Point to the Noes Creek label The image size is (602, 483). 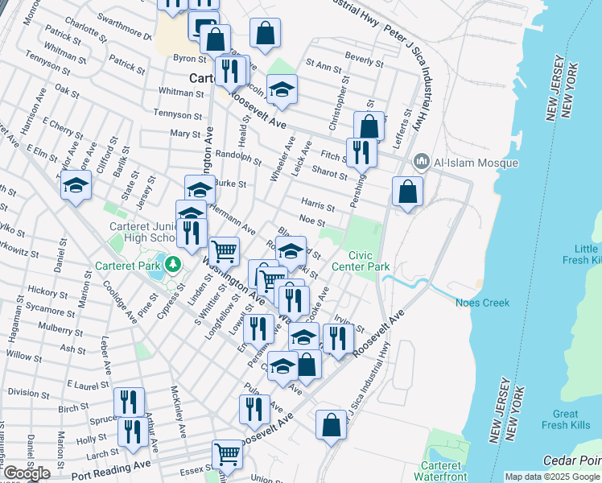pyautogui.click(x=483, y=303)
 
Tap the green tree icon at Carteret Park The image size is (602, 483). pyautogui.click(x=171, y=263)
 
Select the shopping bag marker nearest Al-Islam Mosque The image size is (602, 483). pyautogui.click(x=408, y=193)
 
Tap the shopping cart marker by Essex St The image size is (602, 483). pyautogui.click(x=227, y=456)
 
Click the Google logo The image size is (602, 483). pyautogui.click(x=27, y=473)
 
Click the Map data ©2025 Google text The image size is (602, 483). pyautogui.click(x=550, y=477)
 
